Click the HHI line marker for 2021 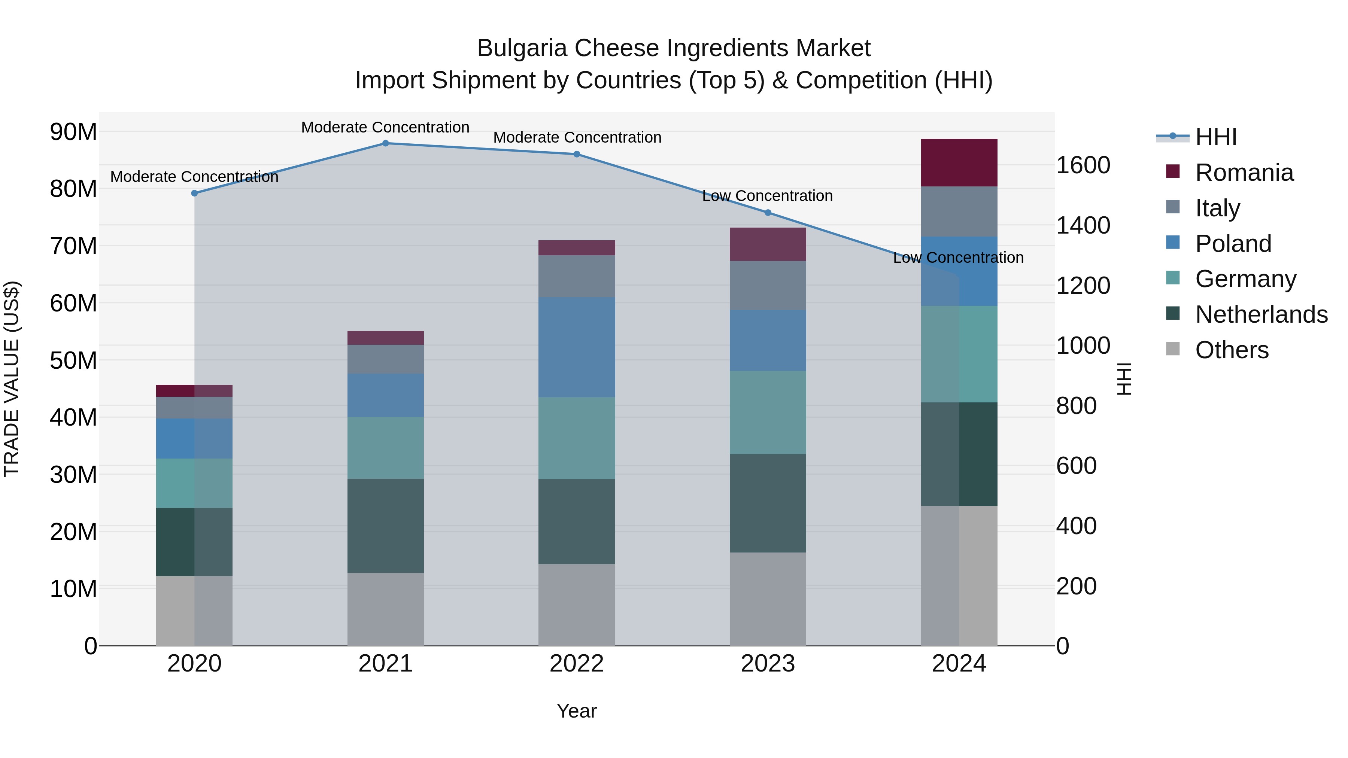pos(385,143)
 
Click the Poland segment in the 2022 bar pos(577,347)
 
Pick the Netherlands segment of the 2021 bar pos(385,526)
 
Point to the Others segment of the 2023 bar pos(768,599)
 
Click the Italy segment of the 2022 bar pos(577,276)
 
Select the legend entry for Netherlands pos(1261,314)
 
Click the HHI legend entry pos(1215,137)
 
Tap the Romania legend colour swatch pos(1173,171)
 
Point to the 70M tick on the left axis pos(73,246)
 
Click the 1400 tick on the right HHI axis pos(1083,225)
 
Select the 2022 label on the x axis pos(577,664)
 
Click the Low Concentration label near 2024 pos(958,258)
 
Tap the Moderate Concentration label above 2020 pos(194,177)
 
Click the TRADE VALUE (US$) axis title pos(12,379)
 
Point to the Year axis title pos(577,711)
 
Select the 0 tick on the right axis pos(1063,646)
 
